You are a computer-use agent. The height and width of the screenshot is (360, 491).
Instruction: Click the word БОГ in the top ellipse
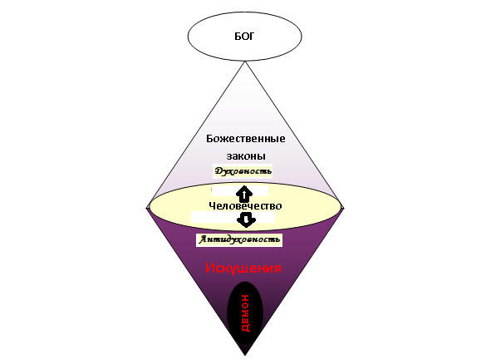point(244,37)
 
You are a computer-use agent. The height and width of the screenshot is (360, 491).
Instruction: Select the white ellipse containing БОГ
point(244,36)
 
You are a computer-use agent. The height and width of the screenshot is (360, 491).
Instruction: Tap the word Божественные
point(246,139)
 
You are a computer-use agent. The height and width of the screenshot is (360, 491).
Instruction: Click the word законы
point(246,156)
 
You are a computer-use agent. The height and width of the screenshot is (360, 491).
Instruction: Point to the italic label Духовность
point(243,171)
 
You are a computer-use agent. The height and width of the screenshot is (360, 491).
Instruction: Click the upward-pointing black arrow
point(244,194)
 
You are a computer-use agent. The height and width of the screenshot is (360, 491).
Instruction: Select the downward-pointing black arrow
point(246,219)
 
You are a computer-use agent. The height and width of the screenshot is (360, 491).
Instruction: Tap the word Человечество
point(245,206)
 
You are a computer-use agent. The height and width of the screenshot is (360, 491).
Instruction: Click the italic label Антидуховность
point(239,239)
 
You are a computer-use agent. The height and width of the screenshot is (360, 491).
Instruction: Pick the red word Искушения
point(243,269)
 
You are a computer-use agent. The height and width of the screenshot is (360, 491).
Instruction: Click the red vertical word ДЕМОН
point(246,313)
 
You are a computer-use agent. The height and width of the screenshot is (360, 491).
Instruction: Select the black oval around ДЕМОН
point(245,313)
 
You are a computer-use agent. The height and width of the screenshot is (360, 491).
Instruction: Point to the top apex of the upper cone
point(245,62)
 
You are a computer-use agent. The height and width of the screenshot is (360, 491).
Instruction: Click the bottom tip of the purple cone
point(245,355)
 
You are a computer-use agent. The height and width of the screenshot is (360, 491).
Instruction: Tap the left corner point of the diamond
point(146,207)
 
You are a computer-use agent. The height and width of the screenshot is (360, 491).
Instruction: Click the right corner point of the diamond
point(343,207)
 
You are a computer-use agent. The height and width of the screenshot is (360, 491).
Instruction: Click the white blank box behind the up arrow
point(240,190)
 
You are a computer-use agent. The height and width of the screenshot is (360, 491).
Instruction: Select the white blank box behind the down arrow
point(233,217)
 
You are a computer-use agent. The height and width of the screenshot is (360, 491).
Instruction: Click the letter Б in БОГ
point(238,37)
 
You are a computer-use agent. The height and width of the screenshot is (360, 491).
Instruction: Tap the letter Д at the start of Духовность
point(218,171)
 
